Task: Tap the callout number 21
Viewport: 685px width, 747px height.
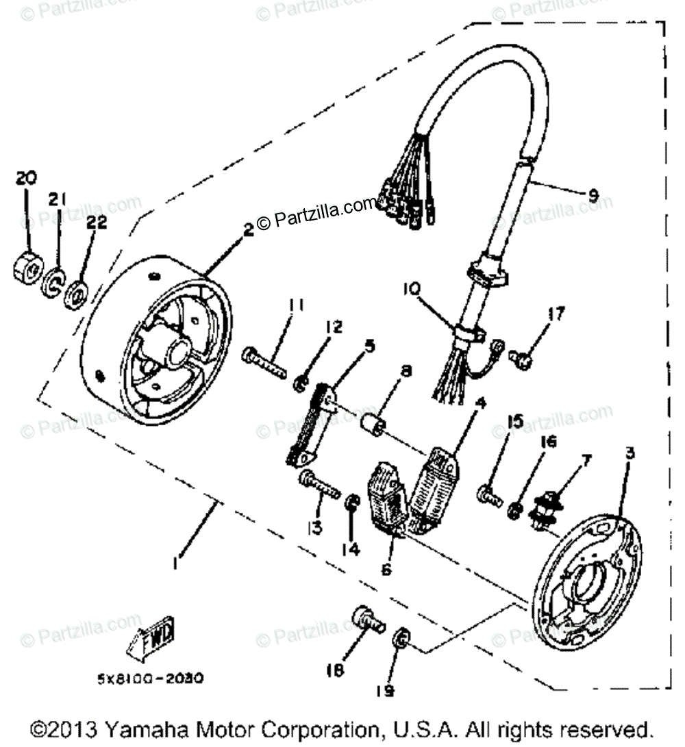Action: point(58,199)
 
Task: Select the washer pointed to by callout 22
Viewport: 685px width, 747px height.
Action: point(76,294)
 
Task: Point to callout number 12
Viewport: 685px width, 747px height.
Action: point(334,327)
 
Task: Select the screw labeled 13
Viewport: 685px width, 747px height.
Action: point(321,486)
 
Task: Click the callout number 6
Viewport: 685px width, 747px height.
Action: point(387,568)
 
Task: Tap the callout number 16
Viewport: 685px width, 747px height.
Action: point(545,443)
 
